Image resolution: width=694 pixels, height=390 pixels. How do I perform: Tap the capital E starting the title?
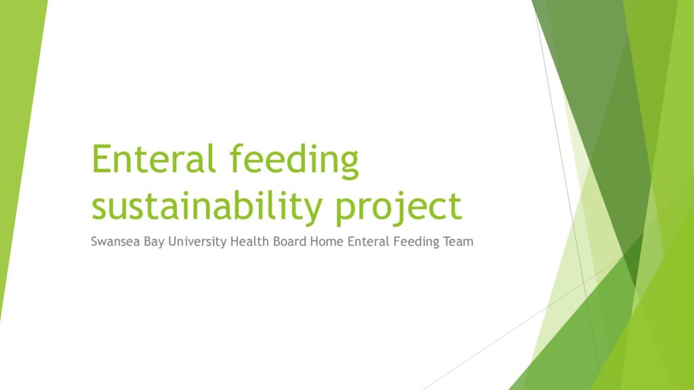point(102,160)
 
